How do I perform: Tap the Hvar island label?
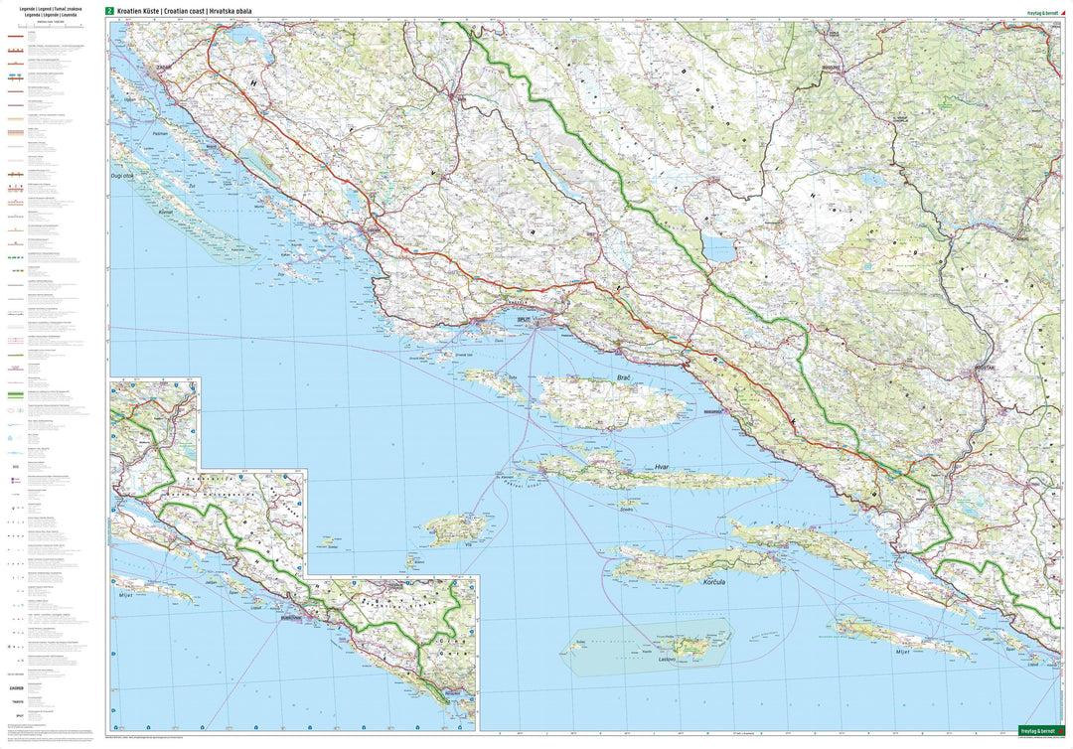click(x=664, y=466)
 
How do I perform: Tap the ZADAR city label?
click(x=163, y=68)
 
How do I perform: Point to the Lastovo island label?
click(x=667, y=659)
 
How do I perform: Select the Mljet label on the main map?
click(x=902, y=653)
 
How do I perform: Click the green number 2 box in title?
click(x=109, y=11)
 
